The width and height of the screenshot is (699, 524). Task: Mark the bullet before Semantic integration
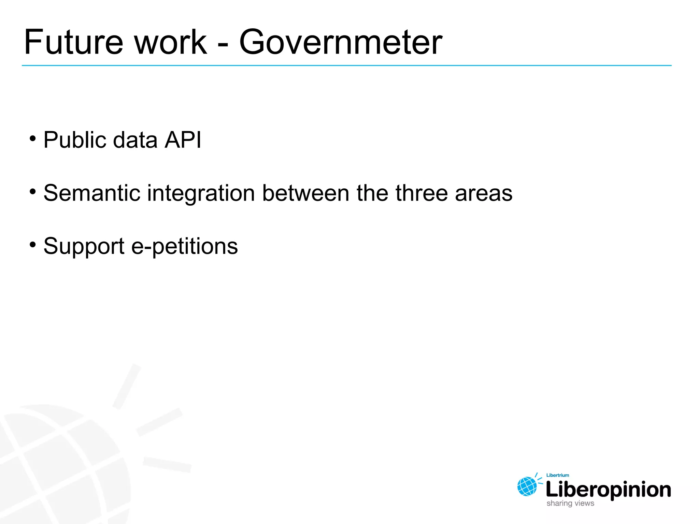33,192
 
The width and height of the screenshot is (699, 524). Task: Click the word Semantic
92,193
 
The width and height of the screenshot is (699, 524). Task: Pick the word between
305,193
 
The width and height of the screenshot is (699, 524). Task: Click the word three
422,193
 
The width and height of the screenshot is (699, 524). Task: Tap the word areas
484,193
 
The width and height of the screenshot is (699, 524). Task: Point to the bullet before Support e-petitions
33,245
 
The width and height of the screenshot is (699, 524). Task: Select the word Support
84,246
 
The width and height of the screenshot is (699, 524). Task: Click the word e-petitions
184,246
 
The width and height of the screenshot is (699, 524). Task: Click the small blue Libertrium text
558,475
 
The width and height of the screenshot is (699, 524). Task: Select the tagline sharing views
570,503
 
